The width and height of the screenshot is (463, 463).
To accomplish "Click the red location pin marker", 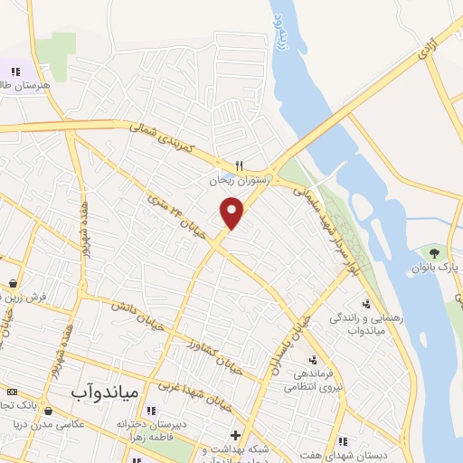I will tap(232, 212).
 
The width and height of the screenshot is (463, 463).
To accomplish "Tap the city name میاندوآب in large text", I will tap(104, 392).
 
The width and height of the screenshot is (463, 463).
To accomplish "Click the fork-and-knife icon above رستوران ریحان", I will tap(239, 166).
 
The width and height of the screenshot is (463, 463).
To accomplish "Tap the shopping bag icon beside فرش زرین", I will tap(11, 282).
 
